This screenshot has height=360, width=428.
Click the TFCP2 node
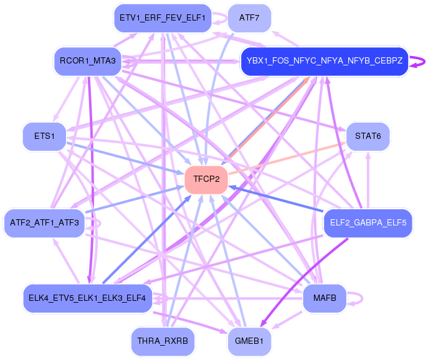click(206, 179)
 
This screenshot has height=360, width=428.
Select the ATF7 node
click(249, 17)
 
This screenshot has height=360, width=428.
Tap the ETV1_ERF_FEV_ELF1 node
click(163, 17)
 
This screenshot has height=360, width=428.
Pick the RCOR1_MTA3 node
click(88, 60)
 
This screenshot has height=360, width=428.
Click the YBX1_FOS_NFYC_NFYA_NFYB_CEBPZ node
click(324, 61)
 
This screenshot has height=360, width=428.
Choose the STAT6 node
click(368, 136)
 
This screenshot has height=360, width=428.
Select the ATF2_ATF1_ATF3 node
click(44, 223)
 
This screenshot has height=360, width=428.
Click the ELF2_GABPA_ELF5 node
click(368, 223)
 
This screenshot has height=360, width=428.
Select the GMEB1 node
click(249, 341)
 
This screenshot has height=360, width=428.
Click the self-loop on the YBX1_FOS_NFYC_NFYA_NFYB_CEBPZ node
click(424, 61)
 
